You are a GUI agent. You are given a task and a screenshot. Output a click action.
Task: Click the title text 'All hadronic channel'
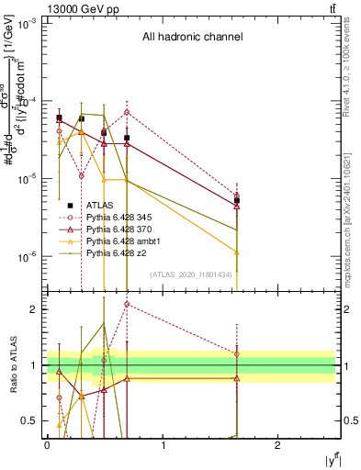click(x=191, y=38)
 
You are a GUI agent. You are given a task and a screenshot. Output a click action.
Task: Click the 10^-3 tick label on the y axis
click(x=27, y=23)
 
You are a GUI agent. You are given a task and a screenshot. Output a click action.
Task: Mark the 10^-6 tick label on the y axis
click(x=27, y=257)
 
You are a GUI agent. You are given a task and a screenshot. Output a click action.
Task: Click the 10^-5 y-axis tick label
click(x=27, y=179)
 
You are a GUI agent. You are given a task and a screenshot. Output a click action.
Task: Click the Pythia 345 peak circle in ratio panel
click(x=127, y=304)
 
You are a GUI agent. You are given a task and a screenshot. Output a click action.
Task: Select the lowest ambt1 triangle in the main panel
click(x=237, y=252)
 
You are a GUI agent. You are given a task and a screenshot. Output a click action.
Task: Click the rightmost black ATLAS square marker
click(x=237, y=200)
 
